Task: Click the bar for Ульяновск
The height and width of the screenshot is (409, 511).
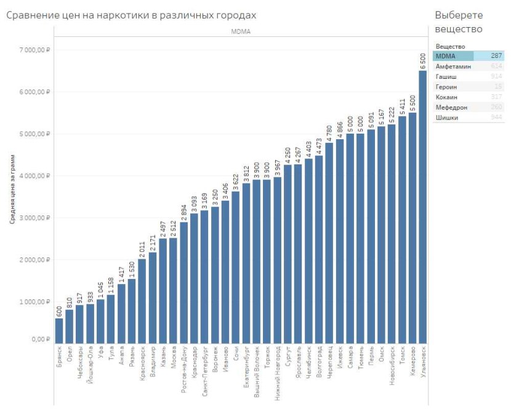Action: [423, 206]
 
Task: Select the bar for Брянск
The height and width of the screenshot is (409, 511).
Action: [59, 330]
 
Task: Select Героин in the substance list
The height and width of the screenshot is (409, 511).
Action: [447, 87]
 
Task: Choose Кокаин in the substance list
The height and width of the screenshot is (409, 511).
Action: [447, 97]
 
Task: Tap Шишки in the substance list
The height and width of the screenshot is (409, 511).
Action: [447, 118]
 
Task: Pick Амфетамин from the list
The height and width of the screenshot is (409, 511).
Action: [453, 66]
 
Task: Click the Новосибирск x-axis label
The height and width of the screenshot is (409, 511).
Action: [392, 370]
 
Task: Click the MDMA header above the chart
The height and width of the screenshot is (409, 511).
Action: [241, 31]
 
